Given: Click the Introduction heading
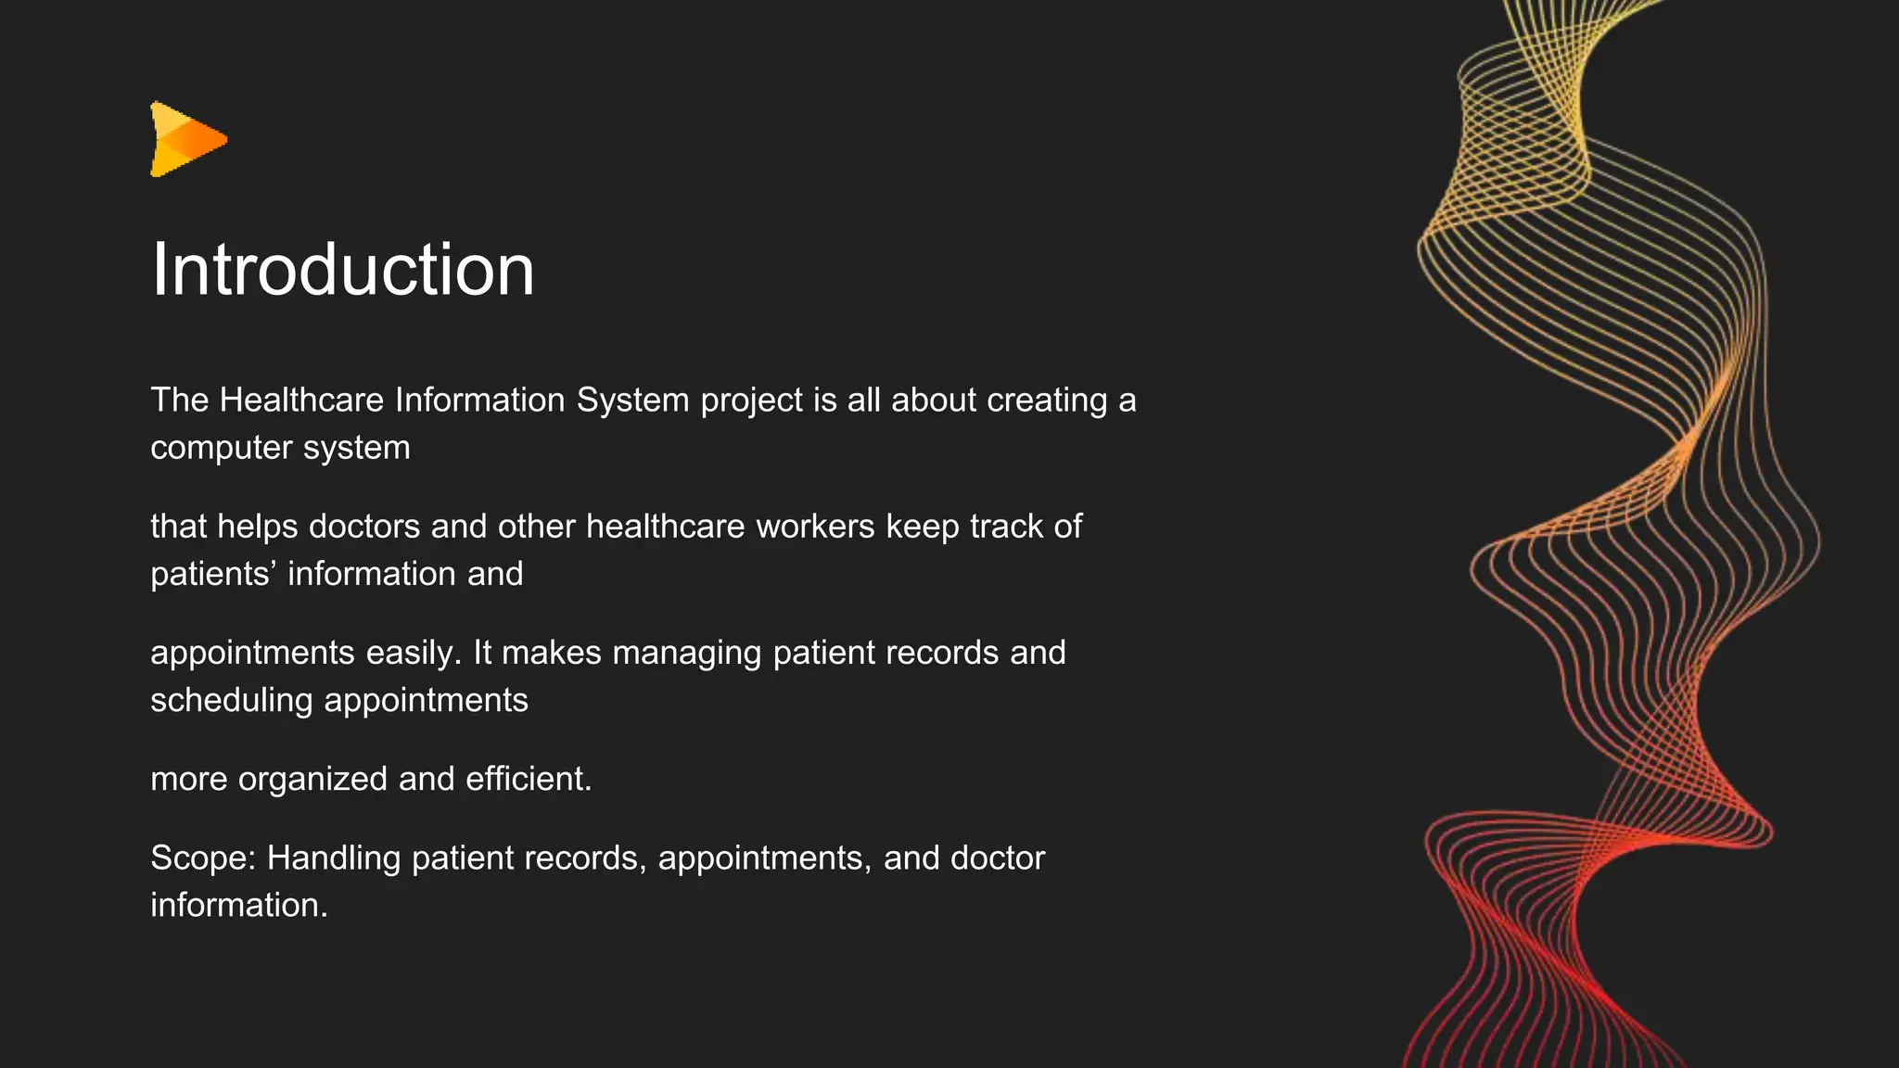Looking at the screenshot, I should (342, 270).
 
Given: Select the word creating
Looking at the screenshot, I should (1047, 401).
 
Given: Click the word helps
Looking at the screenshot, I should (257, 527).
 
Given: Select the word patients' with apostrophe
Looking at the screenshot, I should (213, 574).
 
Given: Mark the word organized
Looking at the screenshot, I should (312, 780).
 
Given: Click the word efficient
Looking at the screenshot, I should (528, 779).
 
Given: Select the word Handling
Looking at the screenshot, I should (334, 858).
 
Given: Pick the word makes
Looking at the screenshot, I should (552, 653).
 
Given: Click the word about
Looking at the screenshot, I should (934, 400).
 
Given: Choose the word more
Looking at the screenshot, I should (188, 780).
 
